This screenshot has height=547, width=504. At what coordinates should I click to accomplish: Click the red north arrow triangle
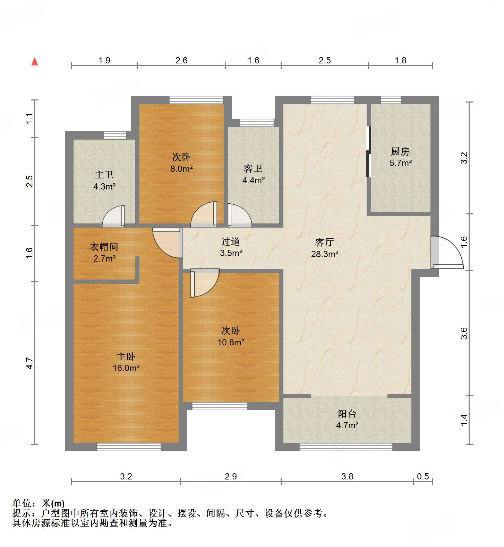tap(35, 62)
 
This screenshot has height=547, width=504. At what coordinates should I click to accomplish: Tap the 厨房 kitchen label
tap(400, 151)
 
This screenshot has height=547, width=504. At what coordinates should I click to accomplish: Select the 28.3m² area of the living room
tap(325, 254)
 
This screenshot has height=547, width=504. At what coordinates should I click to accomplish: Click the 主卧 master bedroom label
tap(126, 356)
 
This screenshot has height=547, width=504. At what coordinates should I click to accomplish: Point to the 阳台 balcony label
tap(347, 414)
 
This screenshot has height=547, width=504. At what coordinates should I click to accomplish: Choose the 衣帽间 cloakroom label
tap(104, 247)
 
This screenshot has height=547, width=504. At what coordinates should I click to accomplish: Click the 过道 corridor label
tap(231, 241)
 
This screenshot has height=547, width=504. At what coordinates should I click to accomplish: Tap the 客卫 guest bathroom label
tap(253, 169)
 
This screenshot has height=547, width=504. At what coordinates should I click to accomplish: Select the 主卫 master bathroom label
tap(104, 175)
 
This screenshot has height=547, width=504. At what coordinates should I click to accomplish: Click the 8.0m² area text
tap(181, 169)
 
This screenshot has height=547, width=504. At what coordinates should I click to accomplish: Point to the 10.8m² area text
tap(231, 342)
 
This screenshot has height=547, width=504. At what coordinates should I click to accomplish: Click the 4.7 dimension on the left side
tap(30, 363)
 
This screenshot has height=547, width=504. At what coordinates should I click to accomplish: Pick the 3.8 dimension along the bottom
tap(347, 476)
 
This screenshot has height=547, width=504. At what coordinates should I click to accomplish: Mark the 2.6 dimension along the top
tap(181, 60)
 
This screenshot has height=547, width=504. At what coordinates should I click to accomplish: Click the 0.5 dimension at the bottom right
tap(423, 476)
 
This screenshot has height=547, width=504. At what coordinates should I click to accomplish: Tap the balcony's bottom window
tap(346, 447)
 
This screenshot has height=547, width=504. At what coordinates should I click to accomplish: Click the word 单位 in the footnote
tap(22, 503)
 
